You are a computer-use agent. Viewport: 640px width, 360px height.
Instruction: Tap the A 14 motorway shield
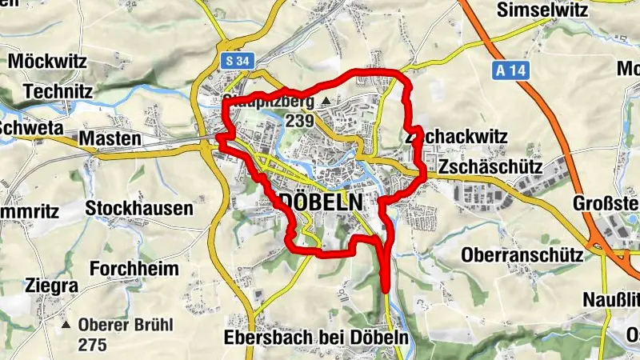tap(507, 70)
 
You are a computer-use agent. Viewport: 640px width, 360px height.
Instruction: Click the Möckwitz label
tap(46, 61)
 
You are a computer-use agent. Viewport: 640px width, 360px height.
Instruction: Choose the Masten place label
tap(110, 139)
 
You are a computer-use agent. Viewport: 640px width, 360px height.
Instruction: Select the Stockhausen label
tap(140, 210)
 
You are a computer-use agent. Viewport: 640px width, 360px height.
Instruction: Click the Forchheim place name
tap(134, 268)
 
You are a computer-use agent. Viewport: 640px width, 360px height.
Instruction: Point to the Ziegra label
tap(51, 286)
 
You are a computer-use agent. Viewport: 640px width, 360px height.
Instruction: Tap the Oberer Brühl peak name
tap(126, 326)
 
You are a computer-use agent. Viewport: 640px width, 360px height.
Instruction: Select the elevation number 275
tap(93, 346)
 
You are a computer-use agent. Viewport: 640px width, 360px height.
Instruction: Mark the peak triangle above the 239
tap(326, 102)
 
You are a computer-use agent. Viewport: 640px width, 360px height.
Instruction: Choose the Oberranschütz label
tap(521, 255)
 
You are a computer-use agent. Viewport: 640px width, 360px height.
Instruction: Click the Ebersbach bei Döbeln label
tap(317, 338)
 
